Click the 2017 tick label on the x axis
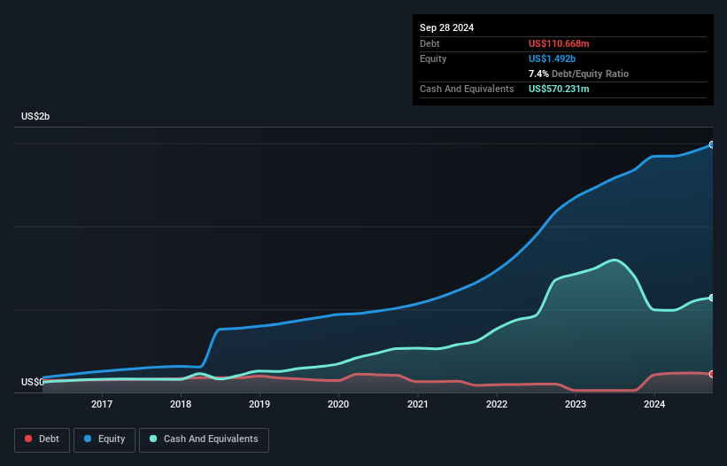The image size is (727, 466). coord(102,405)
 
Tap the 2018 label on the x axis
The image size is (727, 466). coord(181,405)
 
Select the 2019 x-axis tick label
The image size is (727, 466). coord(259,405)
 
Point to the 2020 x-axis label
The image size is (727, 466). coord(338,405)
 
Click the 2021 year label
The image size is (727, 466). coord(417,405)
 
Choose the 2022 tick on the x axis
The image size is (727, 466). coord(496,405)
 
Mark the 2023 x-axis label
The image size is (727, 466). coord(576,405)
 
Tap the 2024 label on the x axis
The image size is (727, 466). coord(654,405)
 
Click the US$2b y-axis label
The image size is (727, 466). coord(36,117)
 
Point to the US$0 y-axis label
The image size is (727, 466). coord(33,383)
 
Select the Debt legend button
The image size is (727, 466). coord(41,439)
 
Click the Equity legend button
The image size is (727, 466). coord(104,439)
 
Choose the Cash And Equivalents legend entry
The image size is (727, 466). coord(204,439)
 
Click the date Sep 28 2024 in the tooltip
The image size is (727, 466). coord(447,27)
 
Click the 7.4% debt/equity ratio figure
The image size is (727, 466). coord(539,74)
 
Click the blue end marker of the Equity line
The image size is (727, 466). coord(711,144)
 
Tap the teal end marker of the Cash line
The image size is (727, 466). coord(711,298)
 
